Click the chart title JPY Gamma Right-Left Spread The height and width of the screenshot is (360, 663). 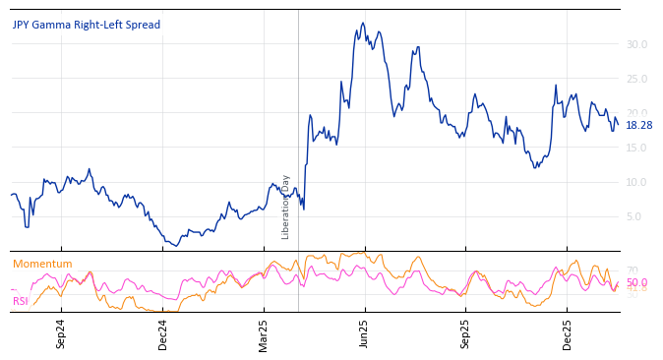click(87, 25)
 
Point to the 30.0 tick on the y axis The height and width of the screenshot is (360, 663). click(636, 44)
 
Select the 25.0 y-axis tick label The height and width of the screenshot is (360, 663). click(636, 79)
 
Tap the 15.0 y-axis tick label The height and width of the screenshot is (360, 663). click(636, 148)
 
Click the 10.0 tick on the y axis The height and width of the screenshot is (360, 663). click(636, 182)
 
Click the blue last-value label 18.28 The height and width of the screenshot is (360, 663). click(638, 125)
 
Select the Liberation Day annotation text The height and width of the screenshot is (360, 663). click(286, 207)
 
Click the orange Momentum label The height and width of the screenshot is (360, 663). click(42, 264)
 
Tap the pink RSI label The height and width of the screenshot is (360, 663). click(21, 301)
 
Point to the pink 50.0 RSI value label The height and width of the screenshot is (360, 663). click(636, 282)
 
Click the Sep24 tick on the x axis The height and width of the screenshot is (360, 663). click(61, 334)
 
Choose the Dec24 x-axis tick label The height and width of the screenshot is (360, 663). click(163, 334)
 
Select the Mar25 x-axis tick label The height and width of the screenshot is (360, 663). click(264, 334)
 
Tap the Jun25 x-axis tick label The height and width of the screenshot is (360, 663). click(364, 334)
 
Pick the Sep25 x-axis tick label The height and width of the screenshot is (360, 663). click(466, 334)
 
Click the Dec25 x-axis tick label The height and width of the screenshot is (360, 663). click(567, 334)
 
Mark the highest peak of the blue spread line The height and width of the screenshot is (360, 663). click(362, 23)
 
